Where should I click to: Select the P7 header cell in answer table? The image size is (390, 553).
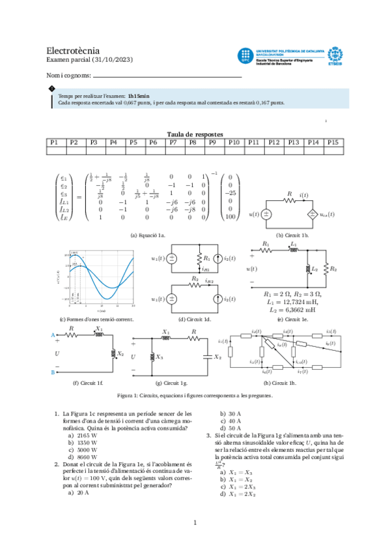(x=173, y=142)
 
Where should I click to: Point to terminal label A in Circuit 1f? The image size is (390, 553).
(x=51, y=334)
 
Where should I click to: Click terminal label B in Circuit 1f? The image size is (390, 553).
(x=51, y=372)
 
